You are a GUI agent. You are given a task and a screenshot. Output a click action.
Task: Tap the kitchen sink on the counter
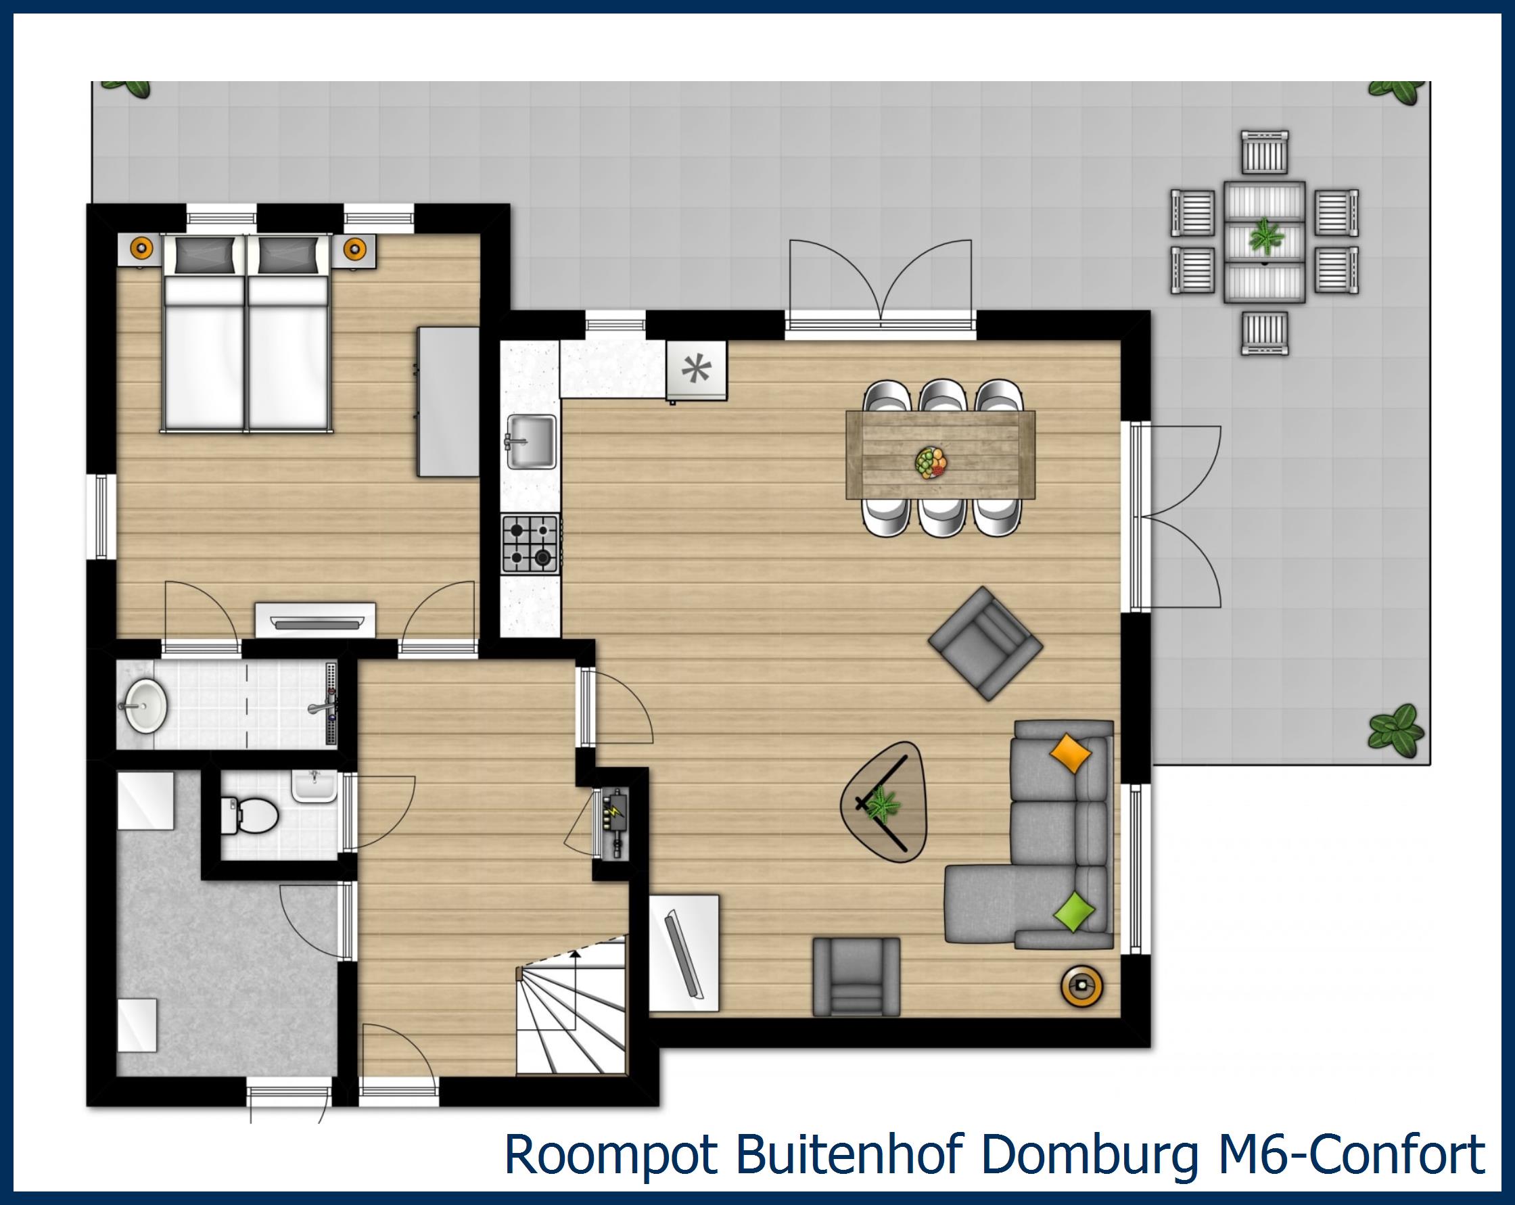[532, 442]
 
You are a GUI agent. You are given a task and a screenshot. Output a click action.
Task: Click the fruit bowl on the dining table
[932, 463]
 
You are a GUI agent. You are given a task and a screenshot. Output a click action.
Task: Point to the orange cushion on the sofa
[1069, 754]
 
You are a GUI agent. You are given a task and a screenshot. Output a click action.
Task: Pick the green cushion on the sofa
[1075, 912]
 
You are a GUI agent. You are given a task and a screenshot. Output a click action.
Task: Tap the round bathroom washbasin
[145, 704]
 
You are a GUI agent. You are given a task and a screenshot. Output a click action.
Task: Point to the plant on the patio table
[1265, 237]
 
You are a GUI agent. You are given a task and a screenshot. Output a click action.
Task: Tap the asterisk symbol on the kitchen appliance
[697, 369]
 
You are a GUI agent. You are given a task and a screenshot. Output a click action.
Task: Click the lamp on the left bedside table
[141, 247]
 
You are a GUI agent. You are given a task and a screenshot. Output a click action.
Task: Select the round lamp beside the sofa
[1081, 986]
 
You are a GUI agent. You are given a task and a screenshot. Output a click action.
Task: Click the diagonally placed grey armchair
[985, 644]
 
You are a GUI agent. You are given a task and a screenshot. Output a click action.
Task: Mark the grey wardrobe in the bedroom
[448, 401]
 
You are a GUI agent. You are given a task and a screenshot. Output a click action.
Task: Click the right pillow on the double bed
[287, 254]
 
